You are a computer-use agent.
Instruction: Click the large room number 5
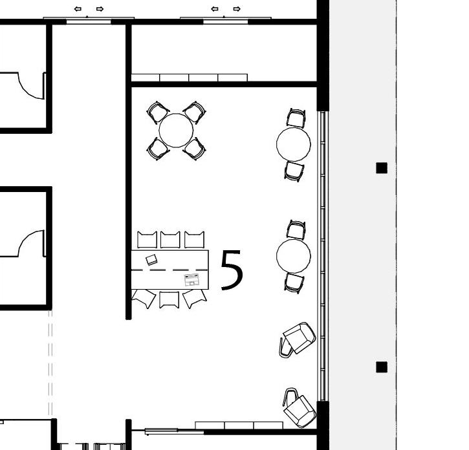(x=232, y=270)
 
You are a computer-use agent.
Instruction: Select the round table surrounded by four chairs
(x=176, y=131)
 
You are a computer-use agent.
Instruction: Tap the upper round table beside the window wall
(x=294, y=144)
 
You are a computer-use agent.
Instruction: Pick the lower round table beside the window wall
(x=294, y=255)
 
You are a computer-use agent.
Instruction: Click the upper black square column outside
(x=382, y=168)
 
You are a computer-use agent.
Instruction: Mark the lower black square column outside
(x=382, y=367)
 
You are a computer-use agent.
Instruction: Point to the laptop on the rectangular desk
(x=191, y=280)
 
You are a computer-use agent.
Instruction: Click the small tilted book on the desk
(x=151, y=260)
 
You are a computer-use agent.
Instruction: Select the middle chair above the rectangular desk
(x=170, y=239)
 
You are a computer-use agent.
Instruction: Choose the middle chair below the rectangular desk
(x=169, y=299)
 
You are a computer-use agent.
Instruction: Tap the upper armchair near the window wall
(x=298, y=339)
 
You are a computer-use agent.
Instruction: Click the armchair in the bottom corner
(x=299, y=407)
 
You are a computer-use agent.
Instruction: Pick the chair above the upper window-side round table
(x=296, y=118)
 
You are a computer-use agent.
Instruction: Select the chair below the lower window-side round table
(x=294, y=283)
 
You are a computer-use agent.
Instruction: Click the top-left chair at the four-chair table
(x=158, y=112)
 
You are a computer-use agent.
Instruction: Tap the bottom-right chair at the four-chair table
(x=195, y=149)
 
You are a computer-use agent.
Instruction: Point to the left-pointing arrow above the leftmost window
(x=78, y=9)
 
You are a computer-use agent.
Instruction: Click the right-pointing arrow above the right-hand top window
(x=237, y=9)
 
